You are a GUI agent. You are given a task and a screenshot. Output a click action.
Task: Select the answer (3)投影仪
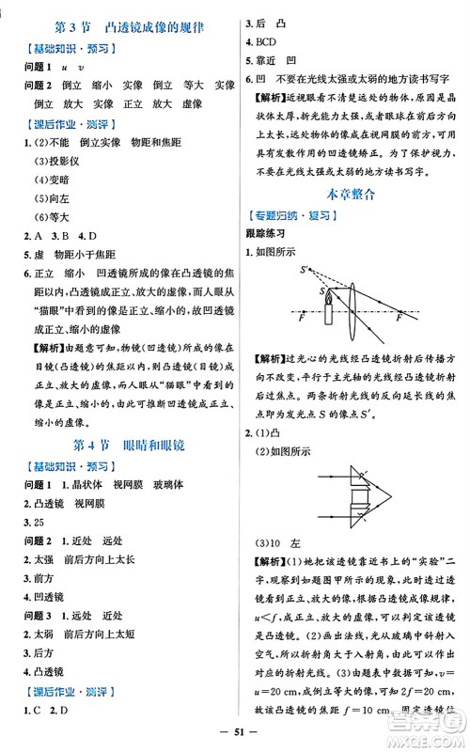click(x=57, y=155)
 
